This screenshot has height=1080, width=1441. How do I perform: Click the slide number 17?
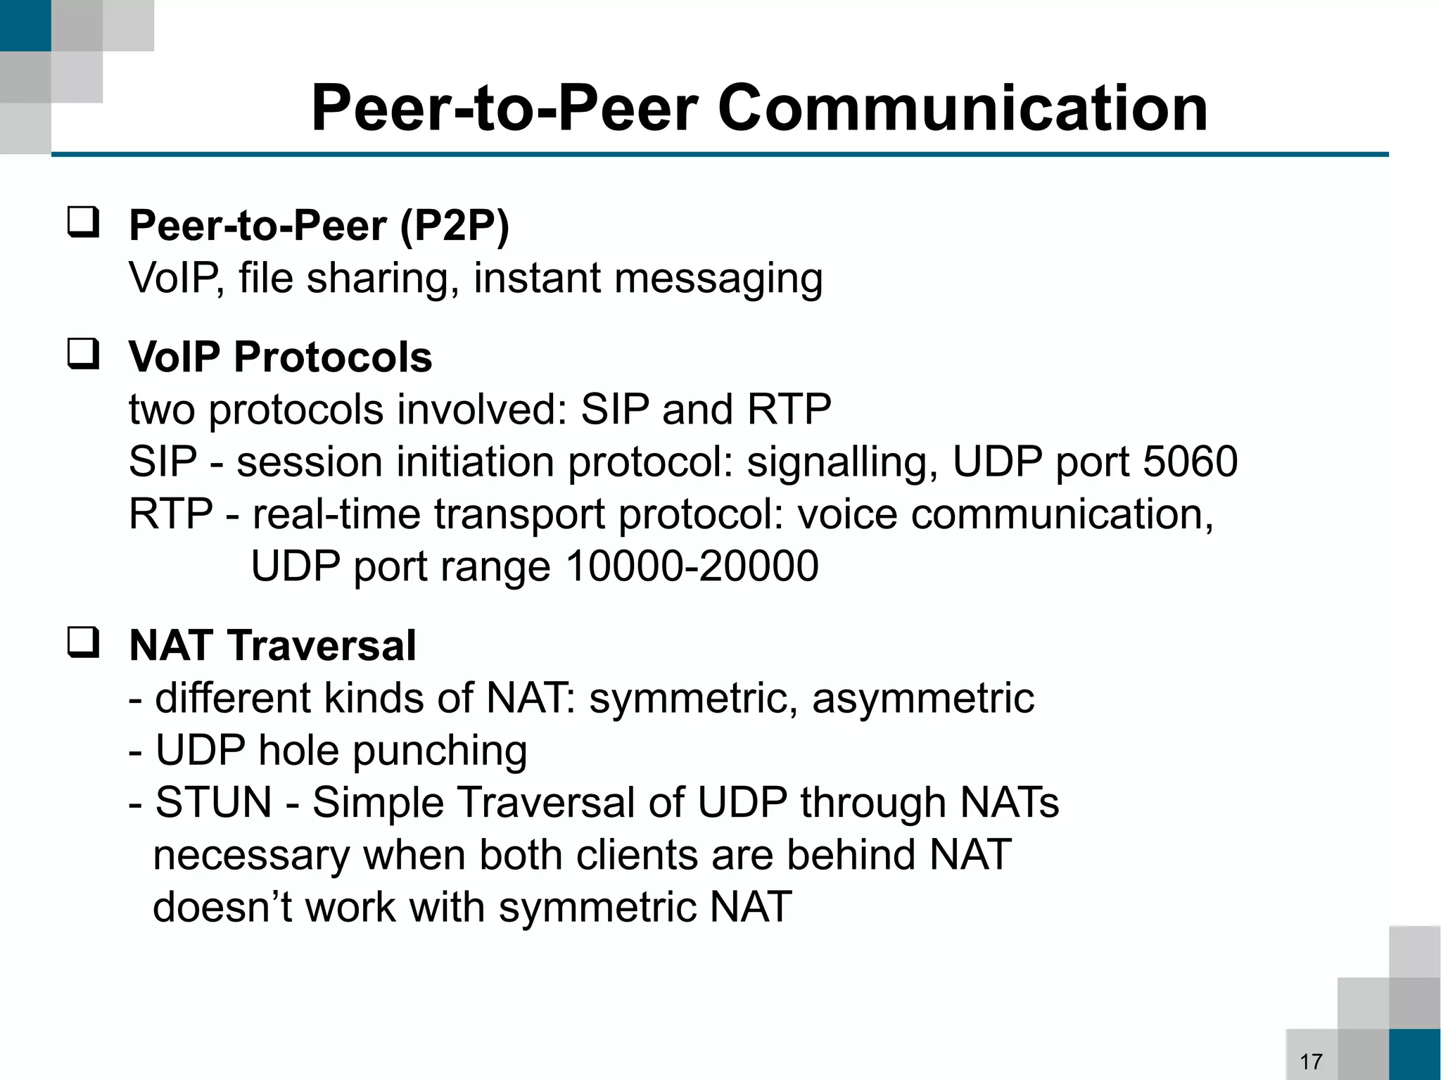click(1311, 1061)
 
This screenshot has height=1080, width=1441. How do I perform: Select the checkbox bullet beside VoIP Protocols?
click(83, 354)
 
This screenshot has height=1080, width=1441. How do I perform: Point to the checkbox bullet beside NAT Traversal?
click(83, 642)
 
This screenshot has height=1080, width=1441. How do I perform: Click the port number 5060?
click(1190, 462)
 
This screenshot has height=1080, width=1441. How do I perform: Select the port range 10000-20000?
click(692, 566)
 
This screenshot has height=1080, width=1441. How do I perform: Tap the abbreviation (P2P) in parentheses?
click(454, 227)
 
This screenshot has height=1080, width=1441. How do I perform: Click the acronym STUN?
click(213, 802)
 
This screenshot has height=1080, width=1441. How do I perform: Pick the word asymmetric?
click(923, 698)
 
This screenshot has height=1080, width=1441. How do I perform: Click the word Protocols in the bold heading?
click(333, 357)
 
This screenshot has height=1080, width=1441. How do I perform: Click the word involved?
click(481, 409)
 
